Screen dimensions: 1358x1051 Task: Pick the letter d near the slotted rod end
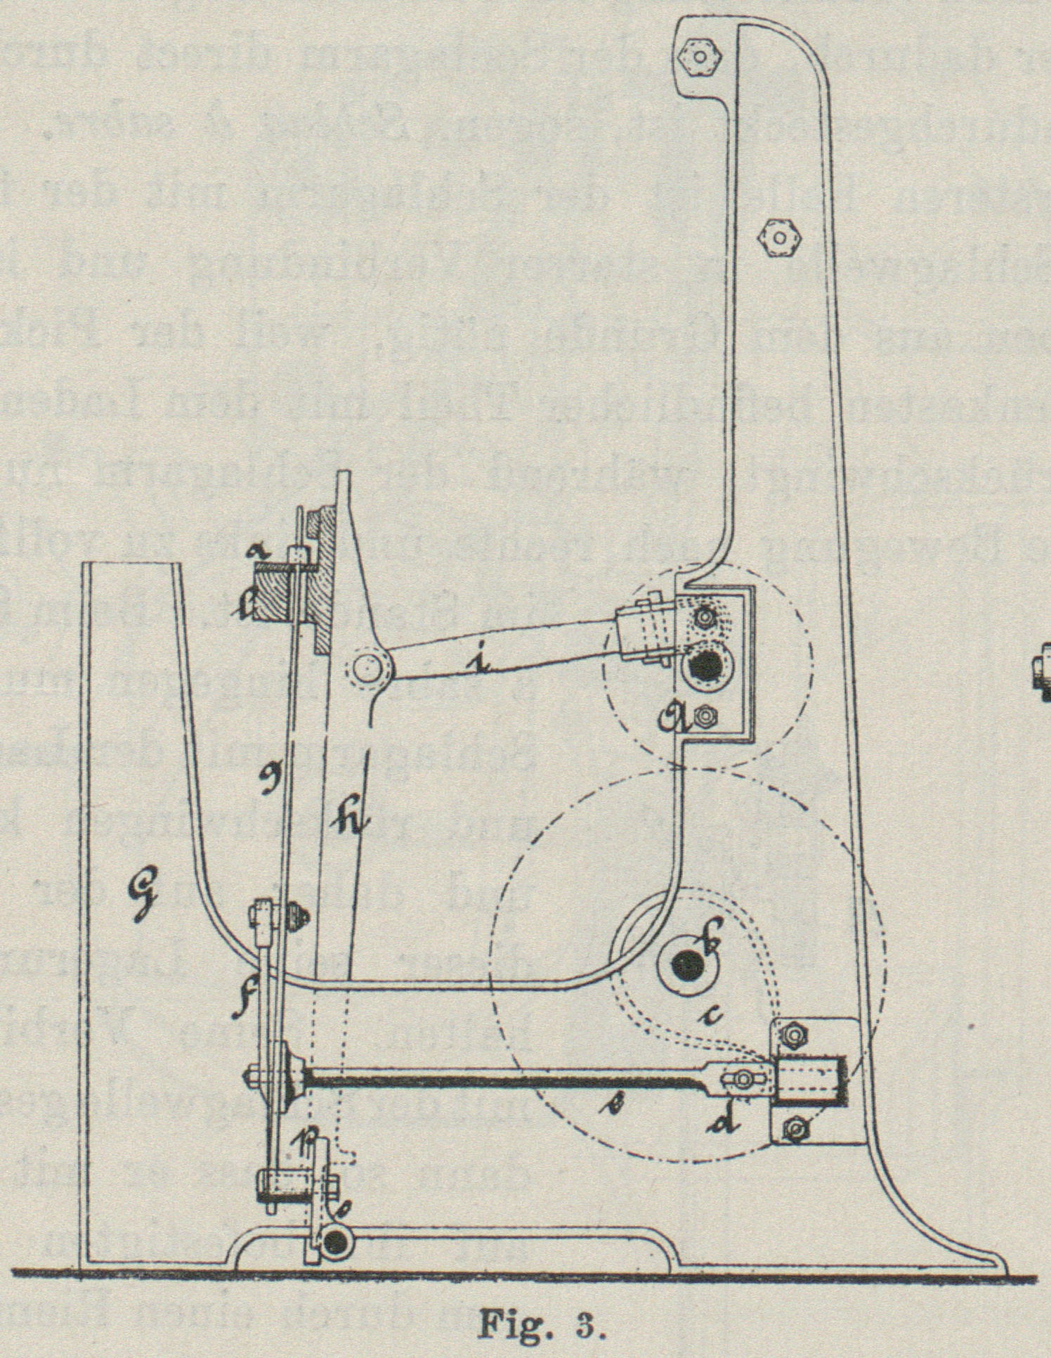tap(724, 1115)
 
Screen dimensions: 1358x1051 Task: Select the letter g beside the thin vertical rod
tap(268, 779)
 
